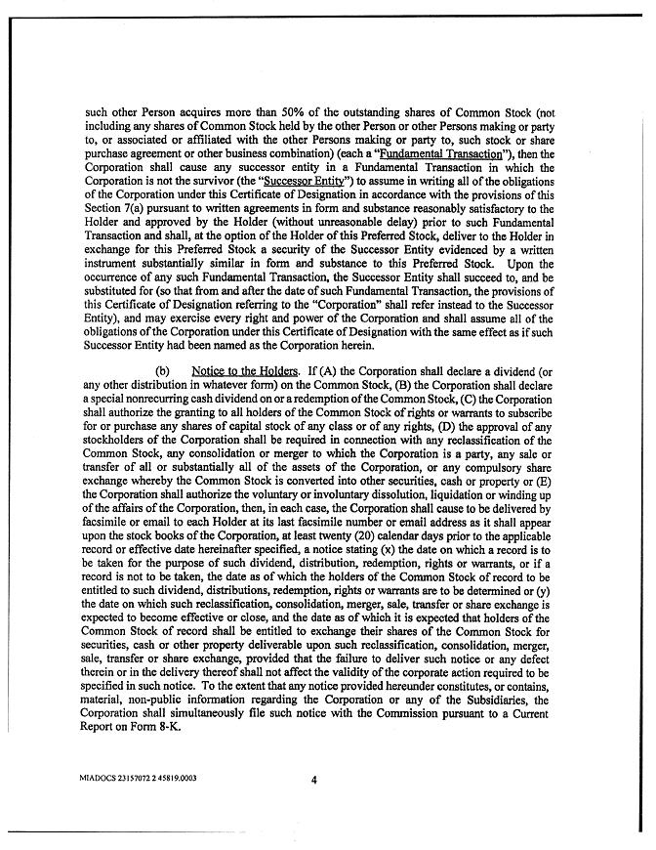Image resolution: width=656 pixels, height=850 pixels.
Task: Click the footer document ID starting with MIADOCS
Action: click(139, 779)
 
